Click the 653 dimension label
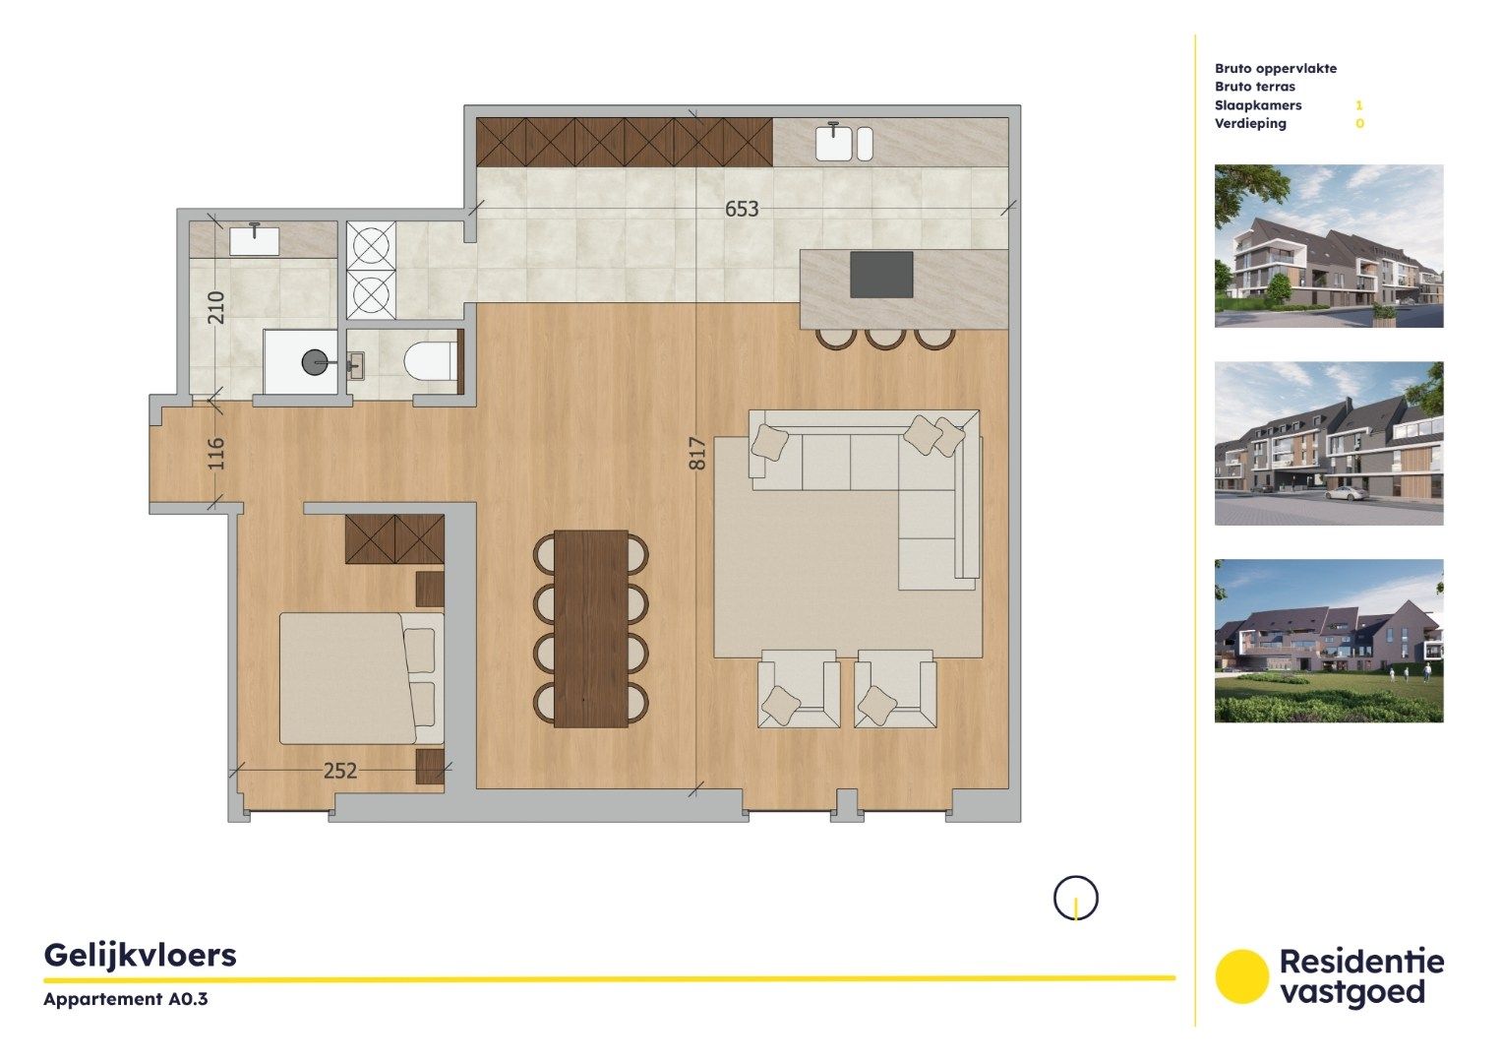(742, 209)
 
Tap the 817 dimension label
(697, 453)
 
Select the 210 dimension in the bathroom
(216, 307)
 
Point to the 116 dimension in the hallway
(216, 453)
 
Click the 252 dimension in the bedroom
(340, 771)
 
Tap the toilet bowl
(429, 361)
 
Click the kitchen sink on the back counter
(834, 143)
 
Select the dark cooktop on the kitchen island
(881, 275)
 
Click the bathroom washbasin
(255, 240)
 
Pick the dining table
(591, 629)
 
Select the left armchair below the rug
(798, 690)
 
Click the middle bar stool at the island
(885, 337)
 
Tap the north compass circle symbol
(1075, 898)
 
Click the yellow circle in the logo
(1241, 976)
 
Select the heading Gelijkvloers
(140, 955)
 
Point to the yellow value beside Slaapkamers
(1359, 105)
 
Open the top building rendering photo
(1328, 246)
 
